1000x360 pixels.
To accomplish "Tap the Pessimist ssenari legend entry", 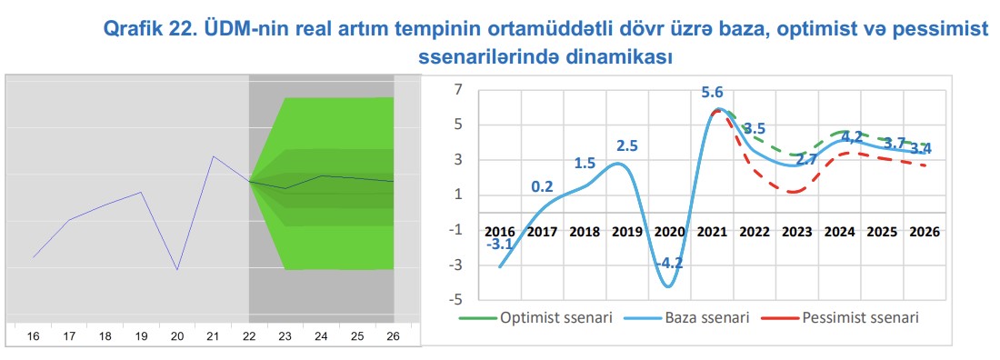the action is (843, 317).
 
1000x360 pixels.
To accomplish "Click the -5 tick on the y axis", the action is (456, 299).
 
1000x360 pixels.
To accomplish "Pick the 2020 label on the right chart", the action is (670, 232).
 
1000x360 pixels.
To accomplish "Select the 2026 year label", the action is (925, 232).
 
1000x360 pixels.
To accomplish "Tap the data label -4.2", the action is (668, 263).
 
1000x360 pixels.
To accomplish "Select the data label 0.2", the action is (543, 187).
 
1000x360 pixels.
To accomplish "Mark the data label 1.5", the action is (585, 164).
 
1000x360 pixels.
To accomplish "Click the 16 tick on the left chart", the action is (33, 336).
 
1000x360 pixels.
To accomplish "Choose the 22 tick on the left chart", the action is (249, 336).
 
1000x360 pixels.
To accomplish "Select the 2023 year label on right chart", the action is (797, 232).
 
